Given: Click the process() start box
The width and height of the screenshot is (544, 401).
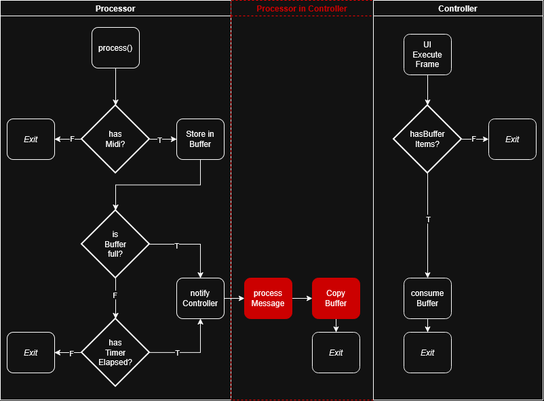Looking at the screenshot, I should click(115, 47).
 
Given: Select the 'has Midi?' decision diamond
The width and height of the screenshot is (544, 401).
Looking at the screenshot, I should click(115, 139).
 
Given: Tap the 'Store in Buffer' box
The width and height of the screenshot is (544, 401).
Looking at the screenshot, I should click(200, 139).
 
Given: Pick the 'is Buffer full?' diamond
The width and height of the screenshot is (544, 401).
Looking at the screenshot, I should click(115, 244).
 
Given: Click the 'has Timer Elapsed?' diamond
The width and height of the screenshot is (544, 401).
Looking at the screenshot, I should click(115, 352).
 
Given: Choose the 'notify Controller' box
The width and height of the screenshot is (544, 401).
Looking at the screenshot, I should click(200, 298).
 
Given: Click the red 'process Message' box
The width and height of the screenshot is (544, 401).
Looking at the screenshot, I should click(268, 298).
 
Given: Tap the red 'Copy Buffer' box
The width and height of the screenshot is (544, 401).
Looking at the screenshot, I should click(336, 298).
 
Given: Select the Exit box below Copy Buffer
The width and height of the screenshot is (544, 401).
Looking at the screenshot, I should click(336, 352).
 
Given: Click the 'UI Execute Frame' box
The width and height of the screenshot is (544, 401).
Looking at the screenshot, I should click(427, 54).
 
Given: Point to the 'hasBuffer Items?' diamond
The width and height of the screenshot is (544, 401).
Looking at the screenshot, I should click(427, 139).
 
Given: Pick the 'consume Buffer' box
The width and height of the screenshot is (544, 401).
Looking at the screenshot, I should click(427, 298).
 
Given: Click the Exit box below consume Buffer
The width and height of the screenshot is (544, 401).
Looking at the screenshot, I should click(427, 352).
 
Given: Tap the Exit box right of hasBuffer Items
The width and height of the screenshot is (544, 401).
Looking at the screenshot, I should click(512, 139).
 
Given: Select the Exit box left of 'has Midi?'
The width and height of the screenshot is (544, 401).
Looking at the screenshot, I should click(31, 139).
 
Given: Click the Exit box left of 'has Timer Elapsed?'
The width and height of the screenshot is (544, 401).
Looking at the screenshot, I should click(31, 352).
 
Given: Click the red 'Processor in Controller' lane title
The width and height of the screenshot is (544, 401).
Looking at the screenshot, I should click(302, 9).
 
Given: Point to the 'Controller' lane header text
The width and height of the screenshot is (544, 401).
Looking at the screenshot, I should click(458, 9).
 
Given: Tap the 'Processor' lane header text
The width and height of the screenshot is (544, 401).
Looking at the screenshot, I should click(115, 9).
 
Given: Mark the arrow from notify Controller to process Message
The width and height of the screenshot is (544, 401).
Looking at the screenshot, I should click(234, 298).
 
